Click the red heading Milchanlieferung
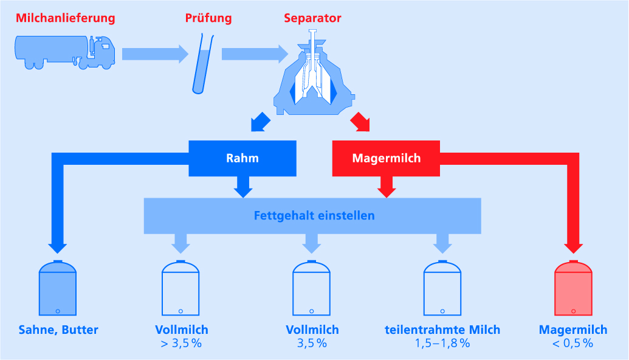(65, 18)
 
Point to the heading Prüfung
(208, 18)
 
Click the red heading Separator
(312, 18)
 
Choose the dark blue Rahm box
(242, 158)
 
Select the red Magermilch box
(386, 158)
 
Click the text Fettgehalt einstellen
(314, 215)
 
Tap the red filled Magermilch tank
(573, 289)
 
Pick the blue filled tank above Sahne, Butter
(58, 289)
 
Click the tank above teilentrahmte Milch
(442, 289)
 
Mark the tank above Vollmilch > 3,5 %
(180, 289)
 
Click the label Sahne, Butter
(58, 330)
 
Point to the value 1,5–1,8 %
(442, 344)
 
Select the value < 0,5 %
(573, 344)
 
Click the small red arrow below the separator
(361, 122)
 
